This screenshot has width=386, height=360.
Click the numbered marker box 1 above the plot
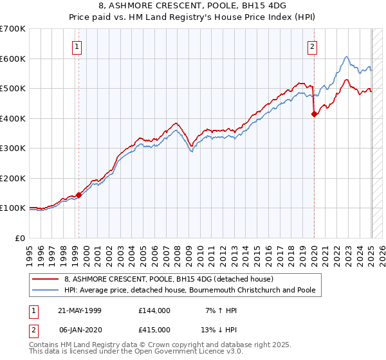(x=77, y=46)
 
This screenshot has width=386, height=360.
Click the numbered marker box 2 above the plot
(x=312, y=46)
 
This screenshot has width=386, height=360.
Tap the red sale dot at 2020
(x=314, y=114)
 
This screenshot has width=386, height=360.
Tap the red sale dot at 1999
(x=78, y=195)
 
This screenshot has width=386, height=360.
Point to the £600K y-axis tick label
(x=12, y=59)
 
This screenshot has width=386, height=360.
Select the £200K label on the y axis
(x=12, y=178)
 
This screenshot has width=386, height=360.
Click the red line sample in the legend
(x=45, y=279)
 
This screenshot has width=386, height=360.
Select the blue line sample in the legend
(x=45, y=290)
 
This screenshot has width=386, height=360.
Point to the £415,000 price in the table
(x=154, y=330)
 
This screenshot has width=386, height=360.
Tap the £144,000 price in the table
(x=154, y=310)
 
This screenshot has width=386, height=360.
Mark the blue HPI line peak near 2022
(x=346, y=57)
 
